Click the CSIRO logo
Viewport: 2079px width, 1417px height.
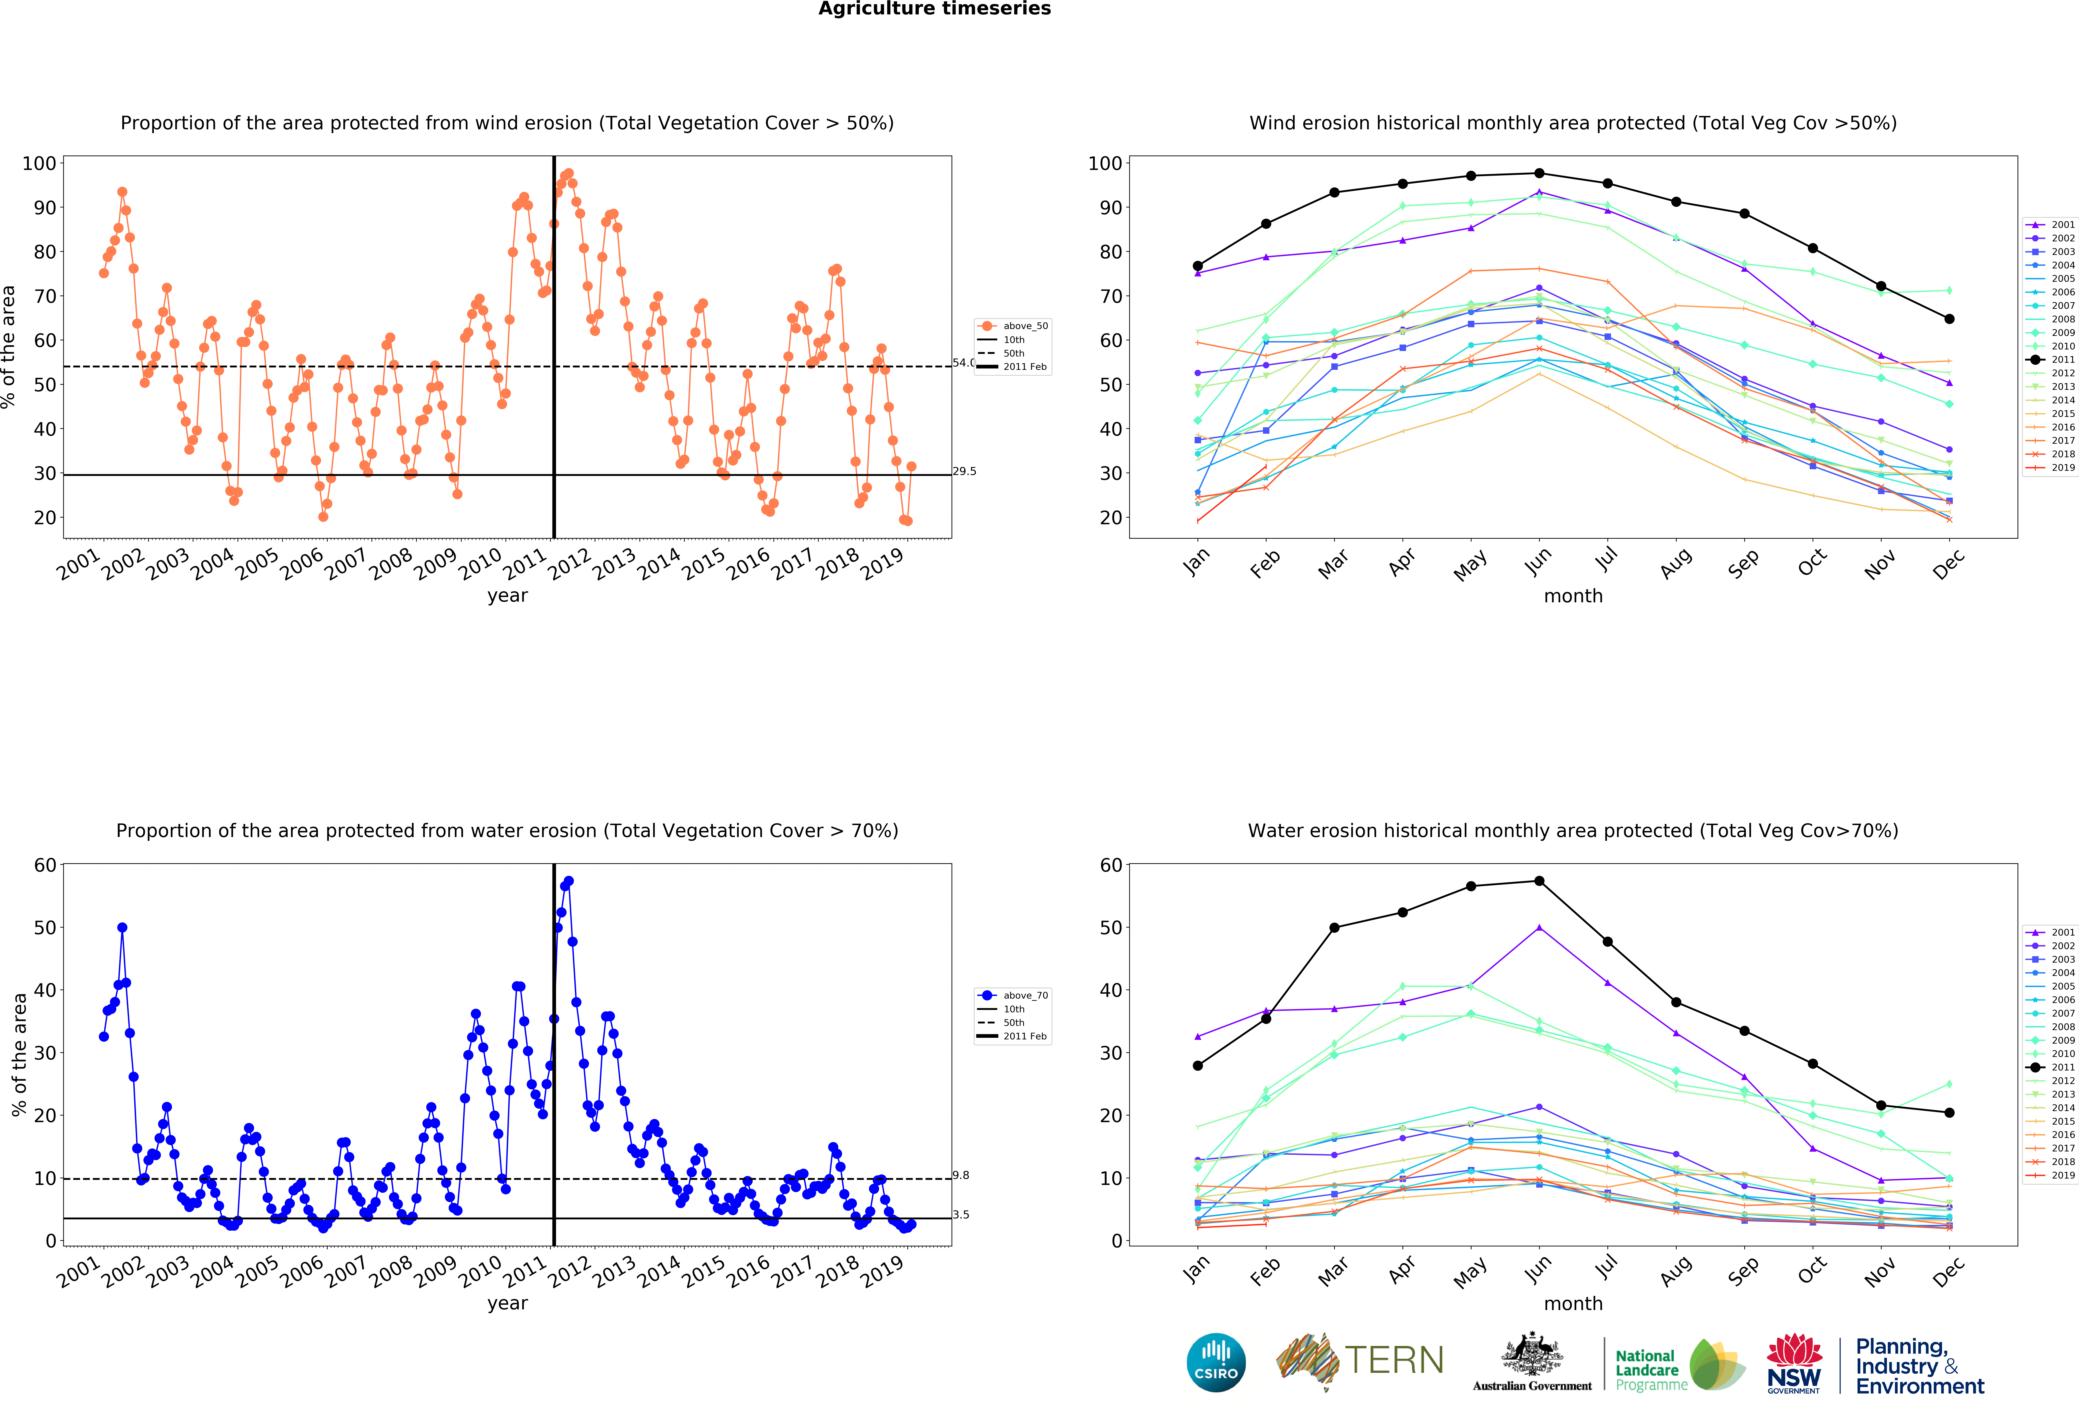(x=1216, y=1362)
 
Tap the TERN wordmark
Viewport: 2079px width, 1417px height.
(x=1394, y=1361)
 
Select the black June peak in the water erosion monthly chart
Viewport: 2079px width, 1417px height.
(x=1539, y=881)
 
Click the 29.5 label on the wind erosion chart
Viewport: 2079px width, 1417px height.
(x=964, y=471)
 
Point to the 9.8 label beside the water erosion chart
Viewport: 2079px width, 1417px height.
(x=961, y=1175)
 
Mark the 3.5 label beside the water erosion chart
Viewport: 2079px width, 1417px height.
(x=961, y=1215)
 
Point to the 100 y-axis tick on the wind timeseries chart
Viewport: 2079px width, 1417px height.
(x=39, y=164)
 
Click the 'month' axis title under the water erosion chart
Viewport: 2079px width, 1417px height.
(x=1573, y=1303)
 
